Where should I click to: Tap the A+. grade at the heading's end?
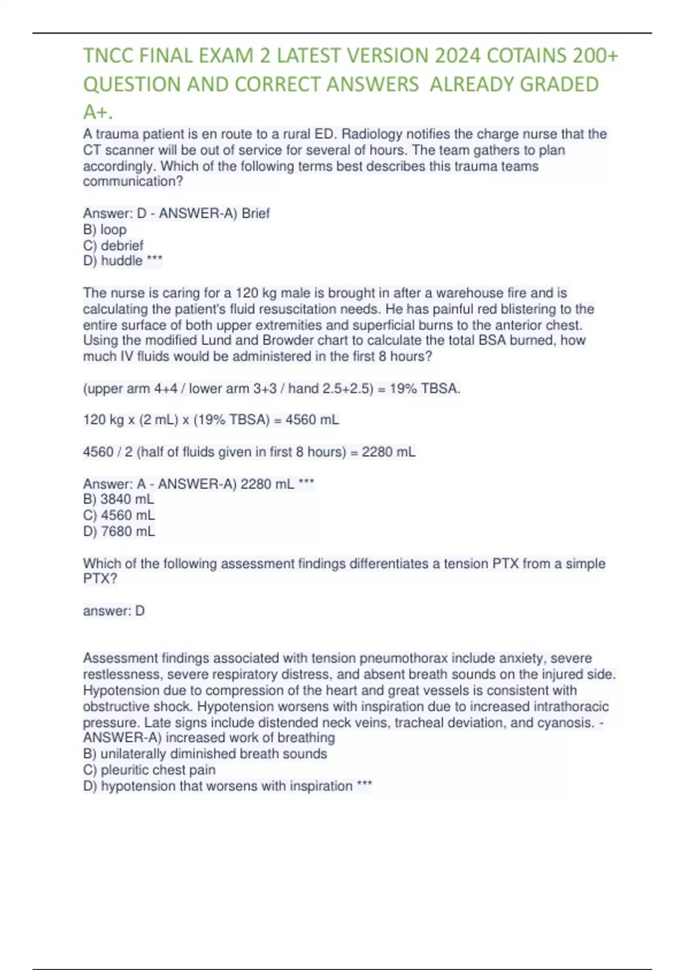click(98, 112)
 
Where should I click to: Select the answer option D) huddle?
click(122, 261)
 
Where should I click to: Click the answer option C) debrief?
click(113, 245)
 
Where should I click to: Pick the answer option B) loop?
click(105, 229)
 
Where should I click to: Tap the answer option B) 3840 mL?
click(119, 499)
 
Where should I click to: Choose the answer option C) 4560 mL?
click(119, 515)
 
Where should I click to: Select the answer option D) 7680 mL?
click(119, 531)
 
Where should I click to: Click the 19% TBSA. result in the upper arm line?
click(425, 389)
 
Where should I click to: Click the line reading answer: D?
click(114, 611)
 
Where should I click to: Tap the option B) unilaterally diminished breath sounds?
click(205, 754)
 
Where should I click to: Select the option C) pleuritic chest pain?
click(149, 770)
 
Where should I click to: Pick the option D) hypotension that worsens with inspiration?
click(227, 786)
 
